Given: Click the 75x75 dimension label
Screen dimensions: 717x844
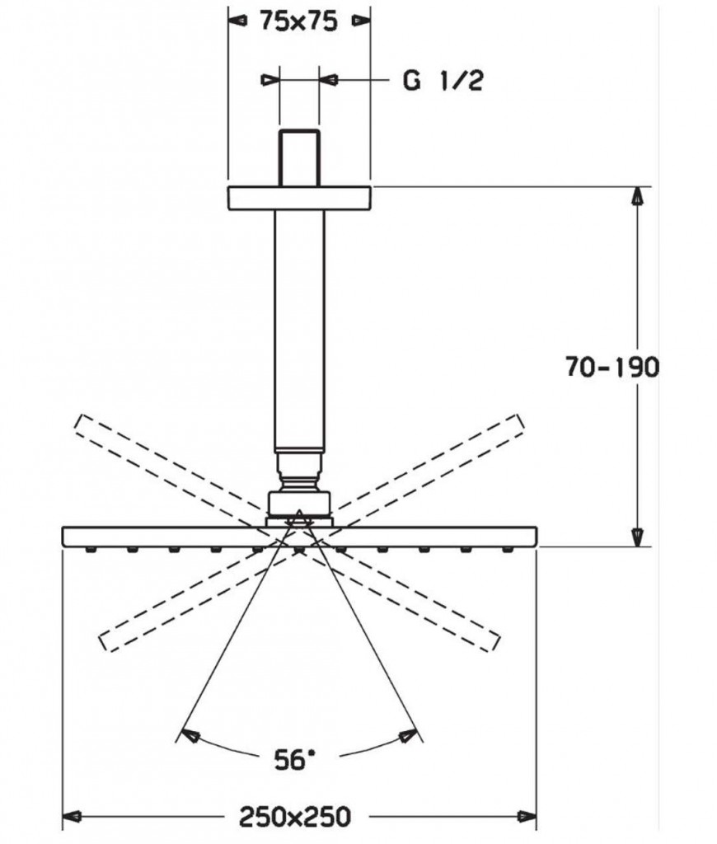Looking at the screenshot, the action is (298, 21).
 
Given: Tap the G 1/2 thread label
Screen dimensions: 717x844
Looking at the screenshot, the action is (443, 81).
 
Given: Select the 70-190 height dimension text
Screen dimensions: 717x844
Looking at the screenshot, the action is (612, 367).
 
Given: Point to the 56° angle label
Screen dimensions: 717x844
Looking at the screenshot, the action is (294, 759).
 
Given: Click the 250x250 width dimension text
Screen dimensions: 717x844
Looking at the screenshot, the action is (295, 817).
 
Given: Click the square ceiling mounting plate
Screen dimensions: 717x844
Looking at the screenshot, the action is (300, 198).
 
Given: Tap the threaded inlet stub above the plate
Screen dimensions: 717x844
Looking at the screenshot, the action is (299, 157).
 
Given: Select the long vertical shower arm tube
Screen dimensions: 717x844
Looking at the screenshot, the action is (300, 331).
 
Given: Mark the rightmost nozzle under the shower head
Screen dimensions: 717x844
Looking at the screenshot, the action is (507, 550).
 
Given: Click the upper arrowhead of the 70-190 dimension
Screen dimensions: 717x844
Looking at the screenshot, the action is (637, 196).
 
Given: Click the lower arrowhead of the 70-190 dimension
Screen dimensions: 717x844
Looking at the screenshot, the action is (637, 537).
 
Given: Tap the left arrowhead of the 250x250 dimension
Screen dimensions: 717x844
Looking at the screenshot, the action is (73, 817).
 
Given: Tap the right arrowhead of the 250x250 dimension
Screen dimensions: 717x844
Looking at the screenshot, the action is (527, 817).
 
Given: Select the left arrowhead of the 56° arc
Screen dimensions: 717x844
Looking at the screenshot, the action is (190, 736).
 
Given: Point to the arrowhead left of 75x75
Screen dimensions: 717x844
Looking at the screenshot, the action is (237, 21).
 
